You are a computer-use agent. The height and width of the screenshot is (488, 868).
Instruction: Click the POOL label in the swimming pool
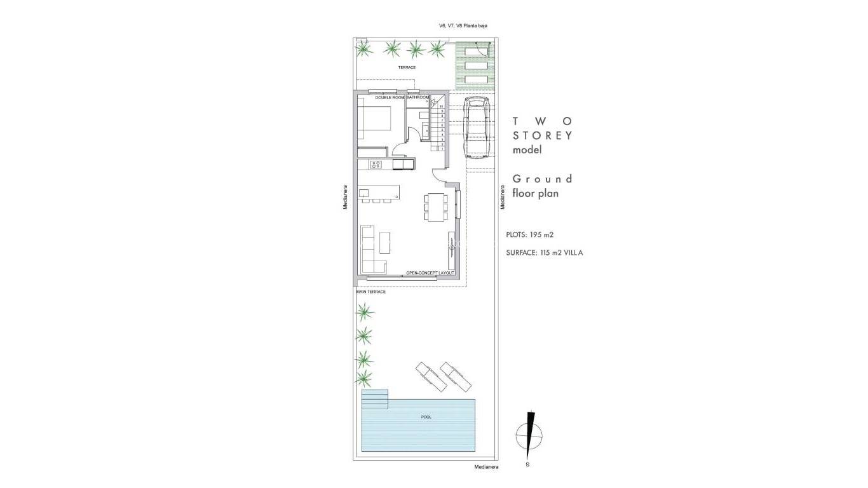[x=426, y=417]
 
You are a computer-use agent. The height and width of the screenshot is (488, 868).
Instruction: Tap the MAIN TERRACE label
[x=371, y=292]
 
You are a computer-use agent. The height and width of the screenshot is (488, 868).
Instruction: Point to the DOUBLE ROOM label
[x=390, y=97]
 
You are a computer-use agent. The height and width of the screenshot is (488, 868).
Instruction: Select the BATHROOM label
[x=417, y=97]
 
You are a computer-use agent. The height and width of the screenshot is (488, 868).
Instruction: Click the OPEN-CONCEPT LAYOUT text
[x=430, y=273]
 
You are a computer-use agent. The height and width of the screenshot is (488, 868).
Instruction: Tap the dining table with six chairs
[x=436, y=207]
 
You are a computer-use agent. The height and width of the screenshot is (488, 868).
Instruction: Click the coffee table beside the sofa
[x=386, y=242]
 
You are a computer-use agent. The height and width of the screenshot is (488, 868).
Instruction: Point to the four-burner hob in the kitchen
[x=376, y=165]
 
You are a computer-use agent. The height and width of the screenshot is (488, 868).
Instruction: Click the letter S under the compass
[x=528, y=465]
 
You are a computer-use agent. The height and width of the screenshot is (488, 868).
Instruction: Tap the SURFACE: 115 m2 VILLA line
[x=545, y=252]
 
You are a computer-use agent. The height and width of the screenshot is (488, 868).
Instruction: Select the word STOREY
[x=543, y=135]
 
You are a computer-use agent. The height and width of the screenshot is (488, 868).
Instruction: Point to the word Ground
[x=542, y=179]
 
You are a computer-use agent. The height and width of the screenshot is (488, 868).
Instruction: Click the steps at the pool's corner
[x=374, y=399]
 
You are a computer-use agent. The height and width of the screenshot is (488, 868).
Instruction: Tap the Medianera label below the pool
[x=486, y=467]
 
